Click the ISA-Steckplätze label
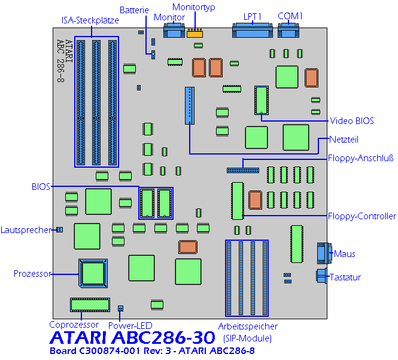pos(90,20)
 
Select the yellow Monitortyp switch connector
pos(194,33)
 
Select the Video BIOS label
pos(351,121)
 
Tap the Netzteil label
pos(344,140)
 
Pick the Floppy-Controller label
pos(361,216)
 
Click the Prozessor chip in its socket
pos(93,273)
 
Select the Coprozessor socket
pos(90,305)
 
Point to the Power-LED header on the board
pos(120,308)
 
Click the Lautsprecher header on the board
pos(60,229)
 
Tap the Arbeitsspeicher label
pos(248,326)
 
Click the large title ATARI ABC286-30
pos(132,338)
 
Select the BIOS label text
pos(41,186)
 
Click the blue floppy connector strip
pos(243,170)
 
